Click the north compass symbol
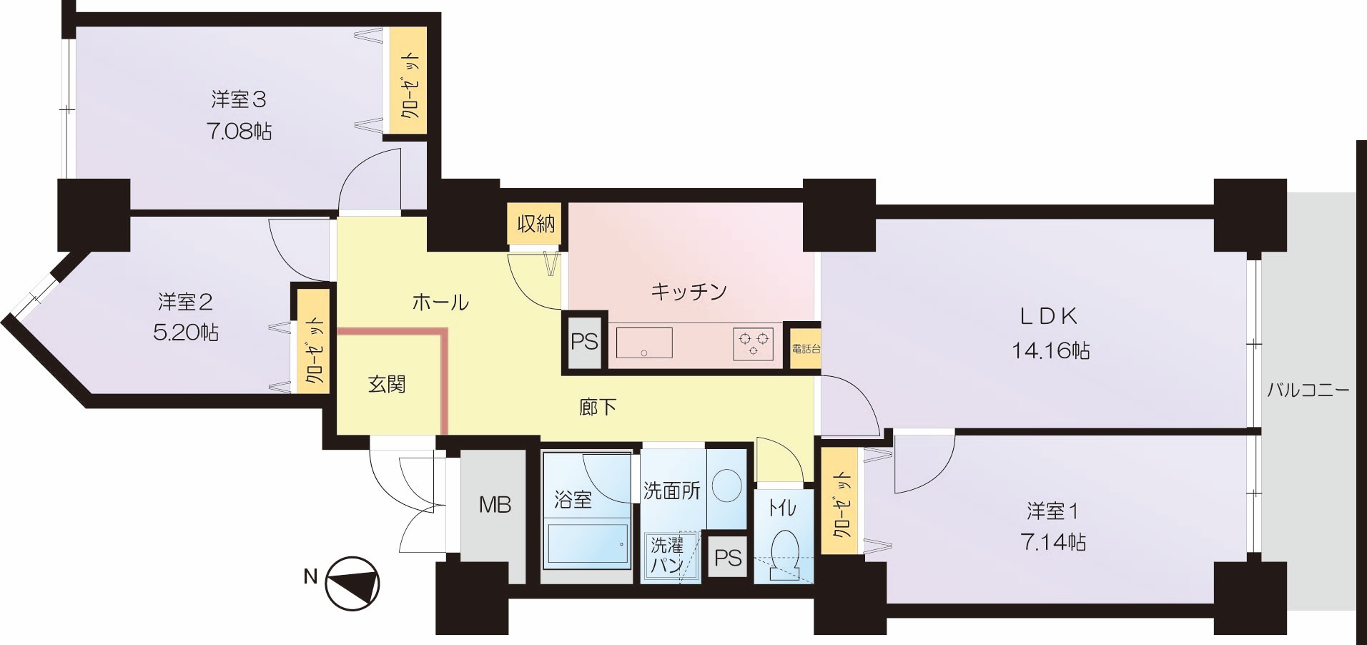(x=352, y=584)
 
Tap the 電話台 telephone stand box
(x=806, y=349)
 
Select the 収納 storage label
(x=536, y=225)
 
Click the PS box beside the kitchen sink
(x=584, y=341)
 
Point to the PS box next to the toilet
(x=728, y=557)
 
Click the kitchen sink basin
(x=644, y=343)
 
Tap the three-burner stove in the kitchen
(x=753, y=343)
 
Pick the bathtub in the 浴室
(x=586, y=546)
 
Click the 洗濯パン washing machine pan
(x=670, y=556)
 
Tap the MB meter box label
(x=495, y=505)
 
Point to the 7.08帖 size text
(x=240, y=132)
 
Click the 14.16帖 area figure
(x=1050, y=350)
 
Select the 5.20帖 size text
(x=187, y=333)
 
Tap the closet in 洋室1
(x=841, y=501)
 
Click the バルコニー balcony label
(x=1308, y=390)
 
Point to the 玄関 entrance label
(x=387, y=385)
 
